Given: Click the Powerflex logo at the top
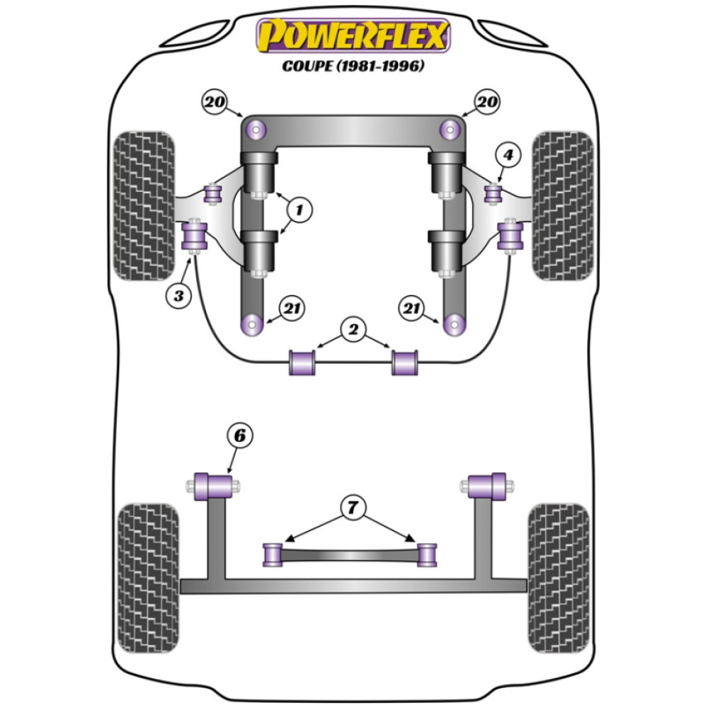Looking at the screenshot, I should (x=353, y=35).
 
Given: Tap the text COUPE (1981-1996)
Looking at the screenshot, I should (x=353, y=67).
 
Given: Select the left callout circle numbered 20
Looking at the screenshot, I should (x=215, y=103).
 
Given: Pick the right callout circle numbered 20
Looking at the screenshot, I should (x=486, y=103).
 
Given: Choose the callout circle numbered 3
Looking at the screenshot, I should (x=178, y=295).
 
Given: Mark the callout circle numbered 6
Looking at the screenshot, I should (x=239, y=437).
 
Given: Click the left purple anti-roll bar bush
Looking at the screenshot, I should (x=301, y=362).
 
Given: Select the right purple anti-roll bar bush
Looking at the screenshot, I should (x=405, y=362).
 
